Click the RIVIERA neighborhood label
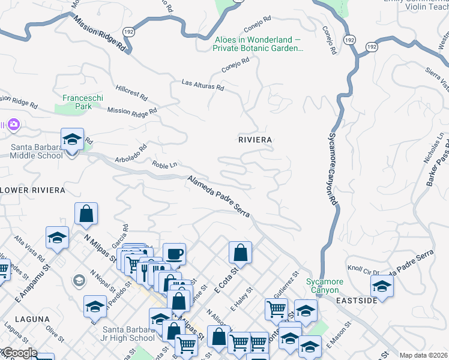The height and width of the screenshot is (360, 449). [255, 139]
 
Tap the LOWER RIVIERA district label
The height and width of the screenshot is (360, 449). [32, 190]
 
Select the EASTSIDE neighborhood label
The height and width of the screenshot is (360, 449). [356, 300]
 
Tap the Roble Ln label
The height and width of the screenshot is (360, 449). [165, 165]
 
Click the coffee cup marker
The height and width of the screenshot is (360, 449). [174, 254]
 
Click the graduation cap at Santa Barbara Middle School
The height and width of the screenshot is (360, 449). [72, 140]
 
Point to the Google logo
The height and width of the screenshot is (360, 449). [19, 353]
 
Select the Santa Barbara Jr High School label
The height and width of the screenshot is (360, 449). [129, 334]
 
